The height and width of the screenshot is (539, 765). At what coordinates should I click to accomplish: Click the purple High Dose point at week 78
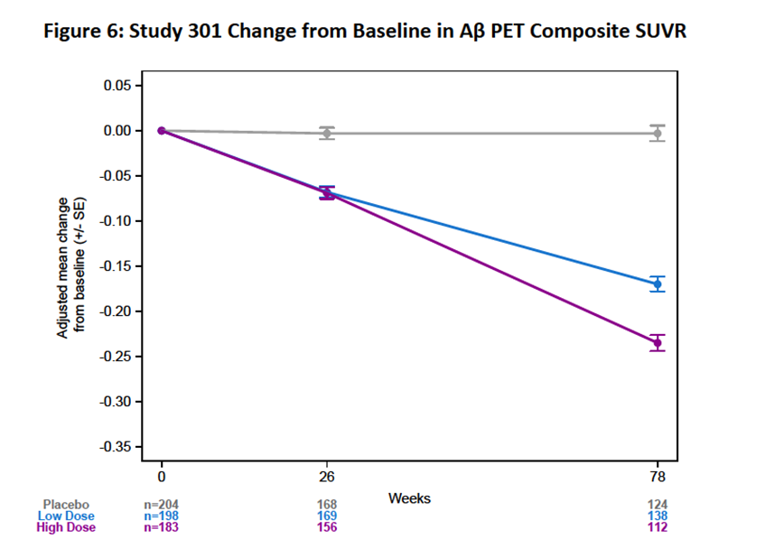pos(658,342)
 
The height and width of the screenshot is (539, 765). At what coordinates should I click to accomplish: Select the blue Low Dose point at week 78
pos(658,283)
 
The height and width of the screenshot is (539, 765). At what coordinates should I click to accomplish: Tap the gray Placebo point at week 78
pos(658,133)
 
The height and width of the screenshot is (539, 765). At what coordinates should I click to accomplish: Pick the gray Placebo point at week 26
pos(327,133)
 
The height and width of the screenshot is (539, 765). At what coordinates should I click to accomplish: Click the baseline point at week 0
pos(161,130)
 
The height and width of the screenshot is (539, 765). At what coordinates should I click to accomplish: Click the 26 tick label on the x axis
pos(327,477)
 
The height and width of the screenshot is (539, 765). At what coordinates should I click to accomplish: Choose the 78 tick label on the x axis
pos(658,477)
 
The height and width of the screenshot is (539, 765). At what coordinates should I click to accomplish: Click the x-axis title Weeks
pos(409,497)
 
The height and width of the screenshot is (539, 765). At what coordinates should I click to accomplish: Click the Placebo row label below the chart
pos(66,504)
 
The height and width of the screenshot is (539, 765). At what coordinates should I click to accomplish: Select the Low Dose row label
pos(65,516)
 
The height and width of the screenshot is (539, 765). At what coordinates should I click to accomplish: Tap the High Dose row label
pos(65,527)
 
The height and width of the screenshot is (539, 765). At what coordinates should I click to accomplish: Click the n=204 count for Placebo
pos(163,504)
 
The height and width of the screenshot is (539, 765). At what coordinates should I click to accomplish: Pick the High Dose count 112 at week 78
pos(658,527)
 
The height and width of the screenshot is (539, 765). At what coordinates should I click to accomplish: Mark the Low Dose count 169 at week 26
pos(327,516)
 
